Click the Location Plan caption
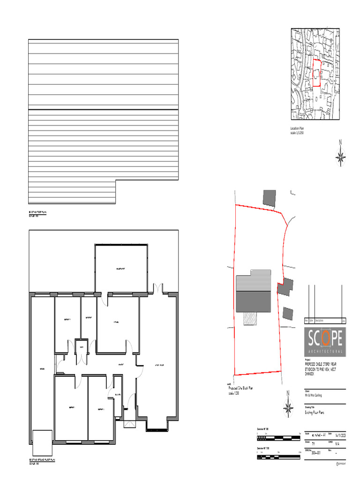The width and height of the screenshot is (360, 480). click(298, 128)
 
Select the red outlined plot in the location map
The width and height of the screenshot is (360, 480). click(316, 73)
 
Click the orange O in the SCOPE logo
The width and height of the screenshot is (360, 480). click(327, 338)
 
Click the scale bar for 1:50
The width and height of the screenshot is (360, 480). click(278, 437)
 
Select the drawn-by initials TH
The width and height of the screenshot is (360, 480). click(313, 443)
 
